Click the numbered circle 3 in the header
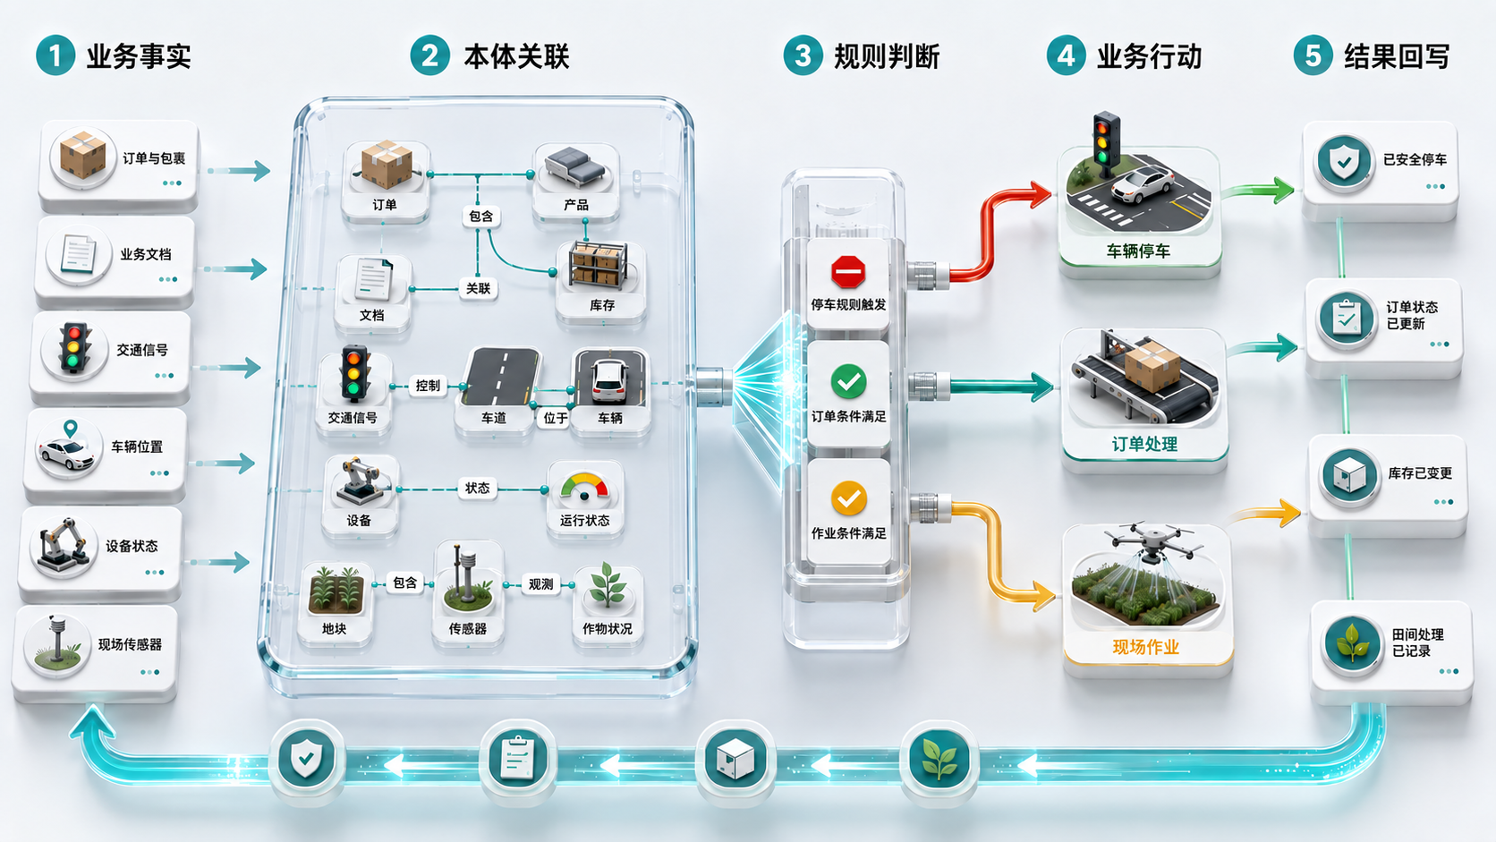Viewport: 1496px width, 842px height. pos(802,55)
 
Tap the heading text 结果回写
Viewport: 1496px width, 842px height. pos(1397,56)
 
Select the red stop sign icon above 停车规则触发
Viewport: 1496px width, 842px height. pos(848,272)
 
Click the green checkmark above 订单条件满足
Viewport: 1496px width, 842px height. pos(848,381)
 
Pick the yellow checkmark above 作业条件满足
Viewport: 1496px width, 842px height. pos(848,498)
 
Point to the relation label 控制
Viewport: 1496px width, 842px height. pos(428,386)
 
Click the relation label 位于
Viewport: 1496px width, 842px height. pos(555,419)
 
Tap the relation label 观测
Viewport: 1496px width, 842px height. pos(540,584)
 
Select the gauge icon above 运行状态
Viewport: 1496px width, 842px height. pos(584,487)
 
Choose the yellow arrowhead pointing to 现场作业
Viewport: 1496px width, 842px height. pos(1043,595)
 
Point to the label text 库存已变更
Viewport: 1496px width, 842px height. pos(1420,473)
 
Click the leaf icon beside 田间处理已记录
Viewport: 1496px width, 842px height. pos(1352,643)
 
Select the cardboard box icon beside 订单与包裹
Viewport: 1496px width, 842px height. pos(83,155)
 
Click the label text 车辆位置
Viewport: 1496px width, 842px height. pos(137,447)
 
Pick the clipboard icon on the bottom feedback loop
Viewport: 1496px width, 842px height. pos(517,758)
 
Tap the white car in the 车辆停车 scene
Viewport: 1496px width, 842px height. pos(1142,184)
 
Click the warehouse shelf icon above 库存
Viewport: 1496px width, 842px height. pos(599,265)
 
